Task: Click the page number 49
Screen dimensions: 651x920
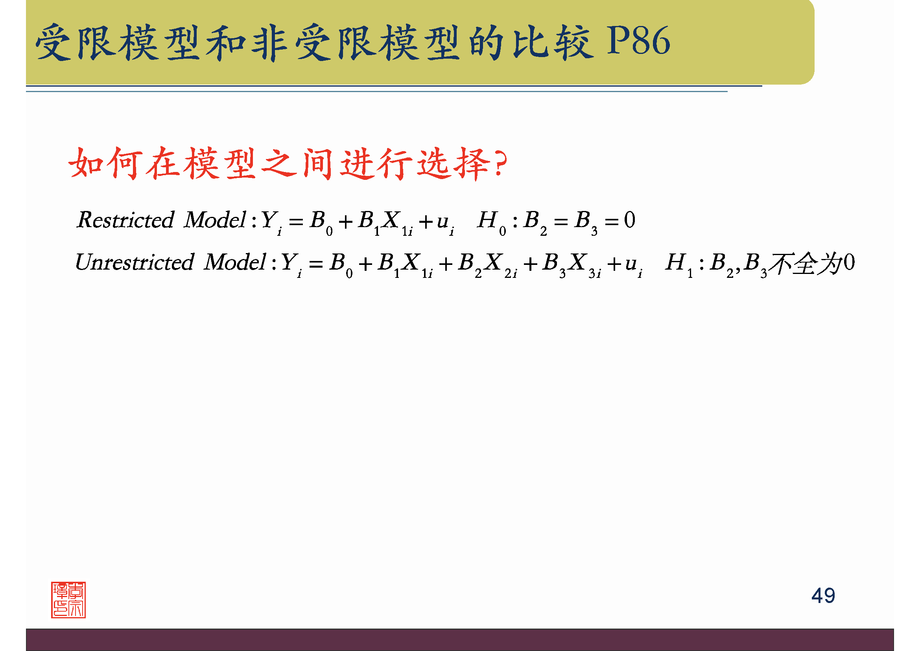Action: coord(823,596)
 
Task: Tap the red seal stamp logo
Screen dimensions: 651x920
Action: coord(68,600)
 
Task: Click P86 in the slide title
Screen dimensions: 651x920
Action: coord(638,41)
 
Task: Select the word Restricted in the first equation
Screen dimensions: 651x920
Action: coord(125,220)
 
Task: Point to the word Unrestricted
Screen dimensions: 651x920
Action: coord(135,263)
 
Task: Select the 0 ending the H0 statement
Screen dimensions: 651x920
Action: coord(629,220)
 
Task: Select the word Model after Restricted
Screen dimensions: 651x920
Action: coord(215,220)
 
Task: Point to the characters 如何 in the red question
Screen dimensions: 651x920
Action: coord(105,164)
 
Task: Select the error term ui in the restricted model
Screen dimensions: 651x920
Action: coord(444,222)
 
